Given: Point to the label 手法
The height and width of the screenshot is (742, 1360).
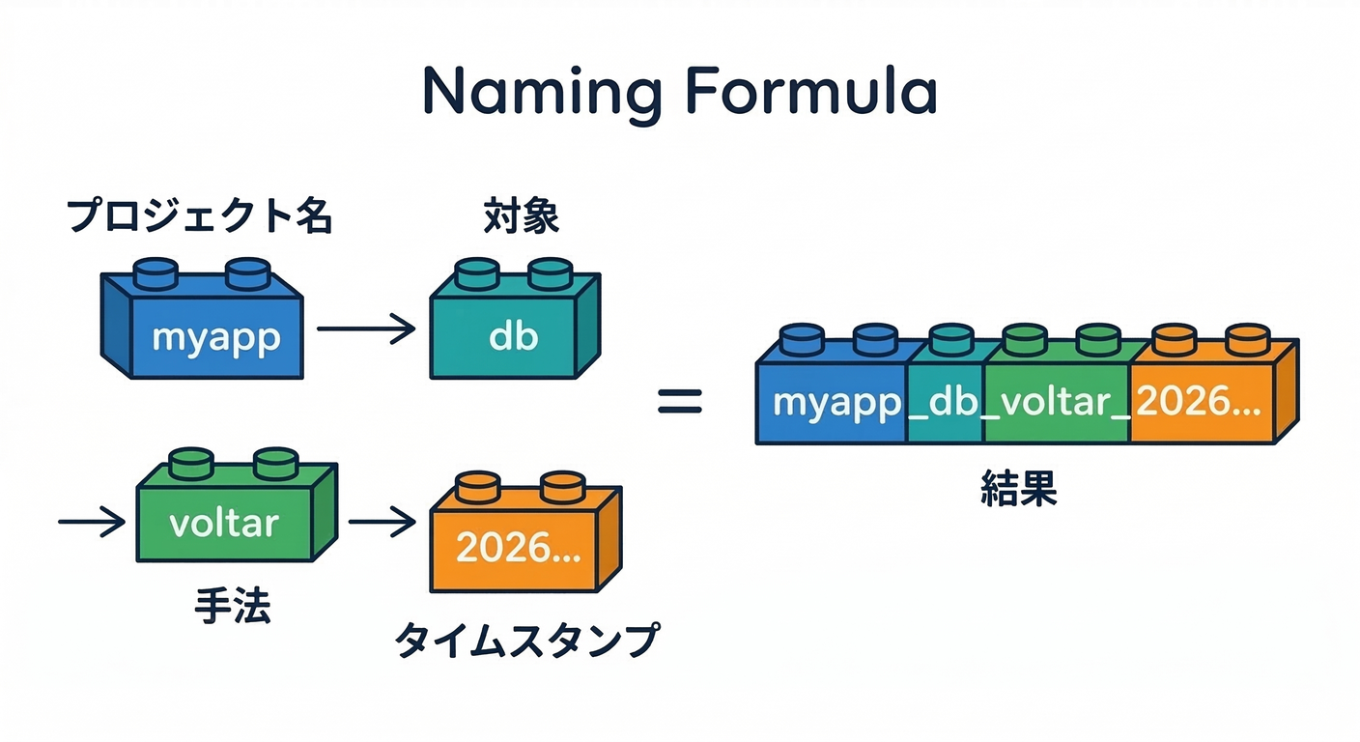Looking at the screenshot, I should pos(232,607).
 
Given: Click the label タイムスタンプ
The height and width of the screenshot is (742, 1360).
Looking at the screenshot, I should pos(527,641).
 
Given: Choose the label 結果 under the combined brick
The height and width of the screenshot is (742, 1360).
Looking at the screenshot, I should pos(1018,490).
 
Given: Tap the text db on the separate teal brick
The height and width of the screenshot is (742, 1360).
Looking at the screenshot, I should pos(513,337).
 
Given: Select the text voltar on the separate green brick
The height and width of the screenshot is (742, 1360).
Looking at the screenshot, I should pos(223,523).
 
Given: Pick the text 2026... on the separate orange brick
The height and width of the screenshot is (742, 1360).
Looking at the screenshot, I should pos(518,548).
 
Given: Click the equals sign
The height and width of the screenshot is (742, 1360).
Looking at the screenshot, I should pos(680,401).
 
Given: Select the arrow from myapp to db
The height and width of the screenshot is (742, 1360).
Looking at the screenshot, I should pos(365,329).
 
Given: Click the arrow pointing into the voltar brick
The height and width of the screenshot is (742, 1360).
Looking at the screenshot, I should pos(92,523).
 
